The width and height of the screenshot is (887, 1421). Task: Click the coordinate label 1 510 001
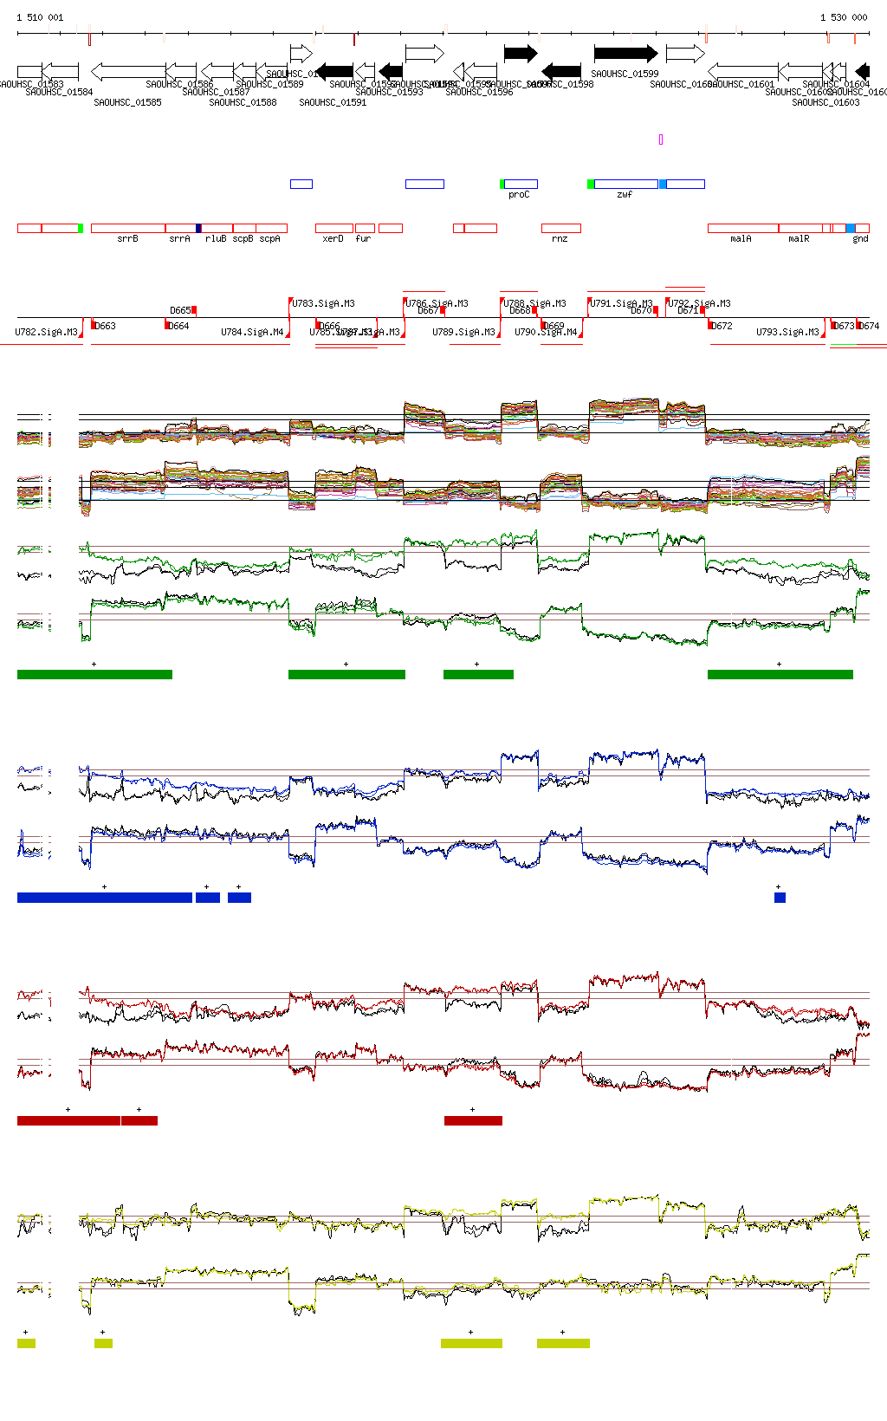tap(40, 17)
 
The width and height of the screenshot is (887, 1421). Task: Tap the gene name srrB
tap(127, 239)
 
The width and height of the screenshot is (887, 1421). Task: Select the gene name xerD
tap(333, 239)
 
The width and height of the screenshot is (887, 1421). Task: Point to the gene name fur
tap(363, 239)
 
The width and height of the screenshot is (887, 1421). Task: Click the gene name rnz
tap(560, 239)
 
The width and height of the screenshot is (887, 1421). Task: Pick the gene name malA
tap(741, 239)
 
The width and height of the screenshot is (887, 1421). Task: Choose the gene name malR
tap(799, 239)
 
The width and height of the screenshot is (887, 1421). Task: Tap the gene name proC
tap(519, 195)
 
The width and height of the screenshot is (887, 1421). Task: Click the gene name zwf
tap(625, 195)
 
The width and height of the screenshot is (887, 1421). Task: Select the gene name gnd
tap(860, 239)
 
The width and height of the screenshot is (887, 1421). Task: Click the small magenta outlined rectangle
tap(661, 140)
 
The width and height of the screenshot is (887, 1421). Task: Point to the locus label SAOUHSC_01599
tap(625, 75)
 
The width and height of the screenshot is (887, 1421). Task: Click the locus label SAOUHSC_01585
tap(127, 102)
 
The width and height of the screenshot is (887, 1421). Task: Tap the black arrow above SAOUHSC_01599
tap(625, 54)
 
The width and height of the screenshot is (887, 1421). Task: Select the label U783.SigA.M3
tap(323, 304)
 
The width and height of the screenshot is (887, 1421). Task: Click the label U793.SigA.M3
tap(787, 333)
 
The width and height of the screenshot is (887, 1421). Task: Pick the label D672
tap(722, 327)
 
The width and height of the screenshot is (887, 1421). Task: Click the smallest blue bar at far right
tap(780, 898)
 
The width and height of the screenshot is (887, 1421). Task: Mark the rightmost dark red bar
tap(473, 1120)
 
